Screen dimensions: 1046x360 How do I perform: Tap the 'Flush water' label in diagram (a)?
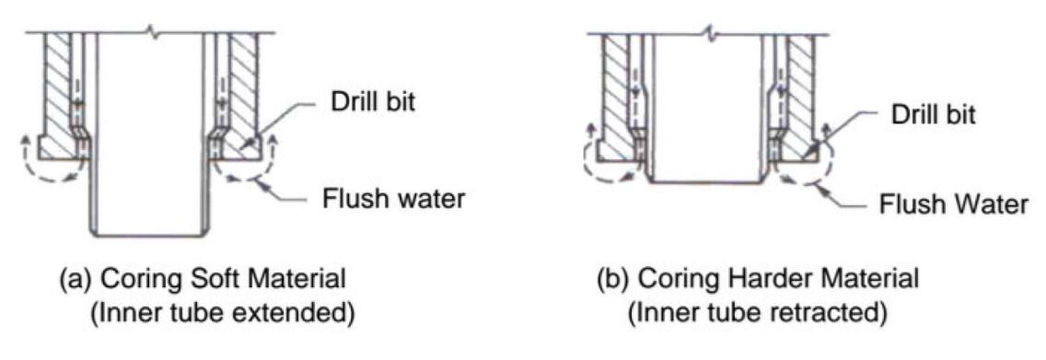pos(393,199)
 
